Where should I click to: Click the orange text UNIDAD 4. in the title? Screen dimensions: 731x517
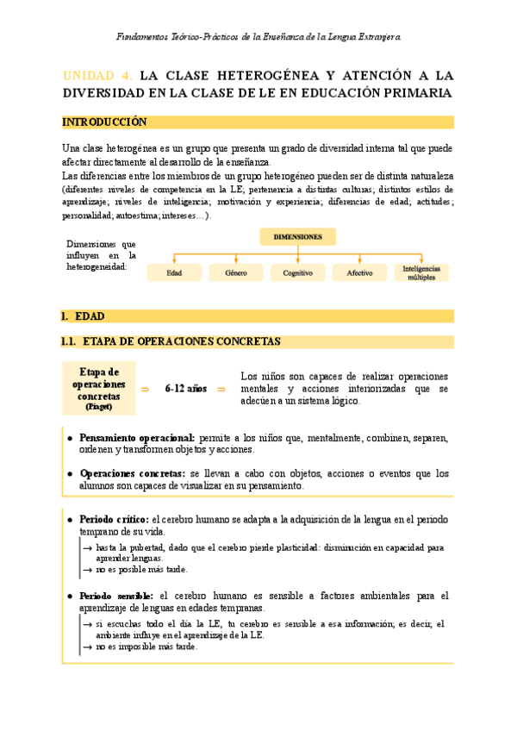[97, 75]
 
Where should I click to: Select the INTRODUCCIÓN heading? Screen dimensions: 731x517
[105, 122]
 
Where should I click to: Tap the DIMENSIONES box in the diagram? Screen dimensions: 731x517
[297, 236]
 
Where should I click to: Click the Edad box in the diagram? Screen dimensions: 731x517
[175, 273]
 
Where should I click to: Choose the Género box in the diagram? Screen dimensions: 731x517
[236, 273]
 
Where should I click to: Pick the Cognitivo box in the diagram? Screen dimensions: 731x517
[297, 273]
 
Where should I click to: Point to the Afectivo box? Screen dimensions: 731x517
[359, 273]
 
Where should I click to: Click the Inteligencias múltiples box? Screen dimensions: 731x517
[421, 272]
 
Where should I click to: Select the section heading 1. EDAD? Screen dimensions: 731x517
[84, 316]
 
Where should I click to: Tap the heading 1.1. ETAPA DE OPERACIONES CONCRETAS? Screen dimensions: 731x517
[172, 341]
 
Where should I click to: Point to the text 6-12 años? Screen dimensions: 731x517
[185, 389]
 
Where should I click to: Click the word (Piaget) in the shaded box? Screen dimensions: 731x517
[98, 407]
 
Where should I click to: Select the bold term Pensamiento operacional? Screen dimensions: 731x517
[137, 438]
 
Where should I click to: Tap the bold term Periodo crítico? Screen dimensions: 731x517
[113, 520]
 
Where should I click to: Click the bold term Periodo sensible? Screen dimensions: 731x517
[116, 596]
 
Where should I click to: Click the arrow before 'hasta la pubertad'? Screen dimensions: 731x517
[88, 547]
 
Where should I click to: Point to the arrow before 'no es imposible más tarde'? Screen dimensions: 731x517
[88, 647]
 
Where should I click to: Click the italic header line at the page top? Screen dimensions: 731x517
[258, 36]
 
